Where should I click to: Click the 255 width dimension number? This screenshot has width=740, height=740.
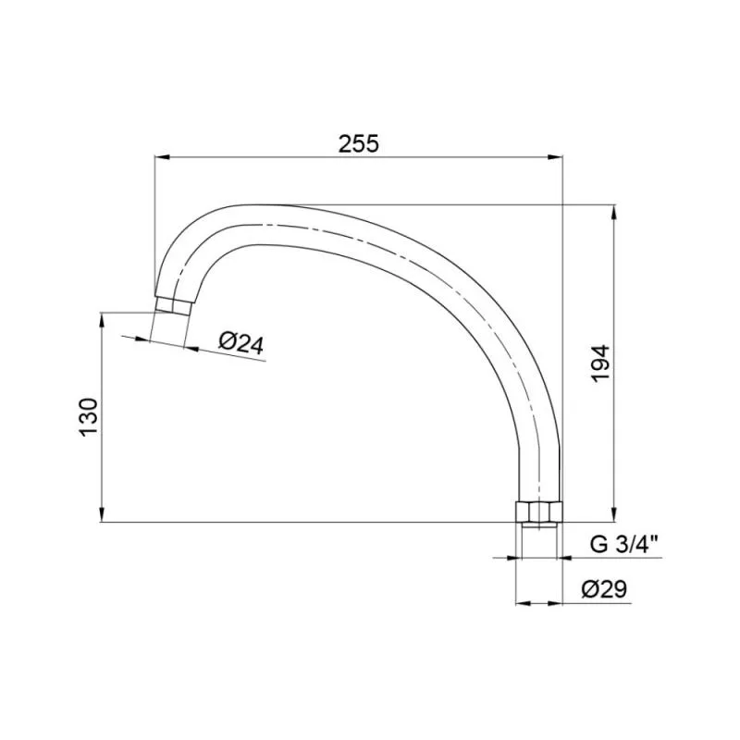pyautogui.click(x=359, y=143)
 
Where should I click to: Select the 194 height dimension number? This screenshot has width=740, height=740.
pyautogui.click(x=601, y=364)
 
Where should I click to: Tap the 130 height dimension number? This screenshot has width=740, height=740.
pyautogui.click(x=89, y=417)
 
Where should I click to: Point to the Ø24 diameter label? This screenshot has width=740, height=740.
pyautogui.click(x=241, y=343)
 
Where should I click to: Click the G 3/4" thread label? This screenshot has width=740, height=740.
pyautogui.click(x=623, y=545)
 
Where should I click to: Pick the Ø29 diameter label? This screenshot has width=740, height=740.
pyautogui.click(x=604, y=589)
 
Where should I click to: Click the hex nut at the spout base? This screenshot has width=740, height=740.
pyautogui.click(x=538, y=512)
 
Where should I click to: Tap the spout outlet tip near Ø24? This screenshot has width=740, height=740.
pyautogui.click(x=173, y=304)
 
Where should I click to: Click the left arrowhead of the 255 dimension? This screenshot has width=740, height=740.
pyautogui.click(x=163, y=157)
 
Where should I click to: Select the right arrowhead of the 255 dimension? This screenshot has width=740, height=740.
pyautogui.click(x=555, y=157)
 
